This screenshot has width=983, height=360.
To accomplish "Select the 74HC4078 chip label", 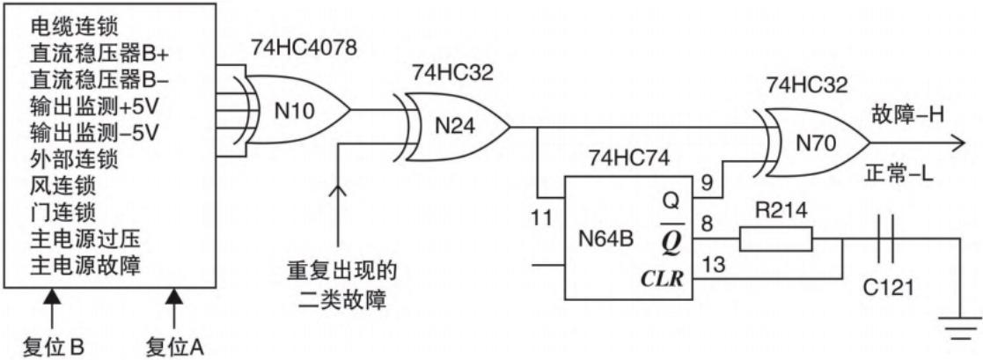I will (x=304, y=48).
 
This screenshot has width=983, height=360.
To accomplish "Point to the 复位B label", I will (x=55, y=342).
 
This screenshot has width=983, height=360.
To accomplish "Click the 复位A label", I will (x=172, y=342).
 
